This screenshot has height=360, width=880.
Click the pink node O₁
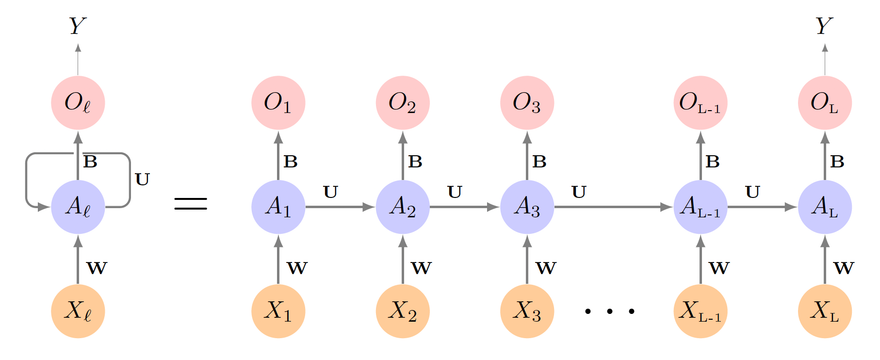(x=278, y=103)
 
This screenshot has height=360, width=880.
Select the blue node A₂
(x=403, y=207)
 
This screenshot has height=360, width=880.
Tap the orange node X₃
(x=527, y=311)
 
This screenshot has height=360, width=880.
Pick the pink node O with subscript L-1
(x=700, y=103)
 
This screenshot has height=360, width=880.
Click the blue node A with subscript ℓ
(x=78, y=207)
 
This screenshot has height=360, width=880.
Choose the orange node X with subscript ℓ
(x=78, y=311)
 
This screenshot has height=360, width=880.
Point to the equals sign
(x=191, y=204)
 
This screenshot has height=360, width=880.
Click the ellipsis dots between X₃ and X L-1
(x=609, y=311)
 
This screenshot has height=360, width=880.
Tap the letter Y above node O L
(x=824, y=26)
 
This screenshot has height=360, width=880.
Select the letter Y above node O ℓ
(x=78, y=26)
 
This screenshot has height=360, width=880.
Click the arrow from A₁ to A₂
(x=340, y=207)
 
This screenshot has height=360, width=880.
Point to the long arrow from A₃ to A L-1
(x=613, y=207)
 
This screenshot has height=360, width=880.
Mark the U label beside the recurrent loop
(x=142, y=180)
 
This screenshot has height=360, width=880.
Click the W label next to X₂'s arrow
(x=421, y=268)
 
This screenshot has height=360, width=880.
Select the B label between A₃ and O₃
(x=539, y=162)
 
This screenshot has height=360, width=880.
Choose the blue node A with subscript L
(x=825, y=207)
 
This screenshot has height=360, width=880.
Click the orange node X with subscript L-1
(x=700, y=311)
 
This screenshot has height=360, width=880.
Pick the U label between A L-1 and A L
(x=752, y=193)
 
